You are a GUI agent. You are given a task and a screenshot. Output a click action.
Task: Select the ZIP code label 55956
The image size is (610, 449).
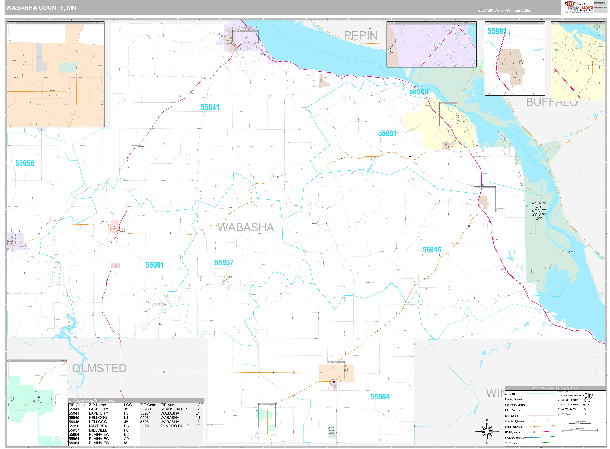coord(25,163)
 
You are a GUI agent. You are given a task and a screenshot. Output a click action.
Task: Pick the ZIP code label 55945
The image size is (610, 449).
coord(432,250)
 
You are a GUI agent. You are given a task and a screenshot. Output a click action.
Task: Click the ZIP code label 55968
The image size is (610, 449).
coord(418,92)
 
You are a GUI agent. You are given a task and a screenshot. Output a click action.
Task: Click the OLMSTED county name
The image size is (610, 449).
coord(99,368)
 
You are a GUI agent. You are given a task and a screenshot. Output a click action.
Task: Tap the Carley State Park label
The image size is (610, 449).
coord(331,431)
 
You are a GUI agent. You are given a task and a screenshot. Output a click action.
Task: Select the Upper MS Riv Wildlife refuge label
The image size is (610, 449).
coord(539,211)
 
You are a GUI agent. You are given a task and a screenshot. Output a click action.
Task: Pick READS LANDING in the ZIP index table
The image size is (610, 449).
coord(176,409)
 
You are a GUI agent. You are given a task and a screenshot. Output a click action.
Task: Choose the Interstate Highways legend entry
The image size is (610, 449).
coord(516,438)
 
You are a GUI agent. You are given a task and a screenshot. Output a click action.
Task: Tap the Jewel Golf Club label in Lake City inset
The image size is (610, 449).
coord(391,49)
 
